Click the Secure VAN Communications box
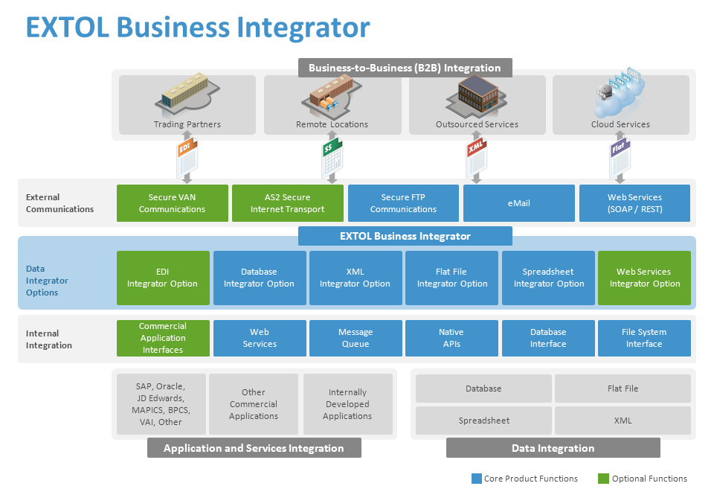click(172, 203)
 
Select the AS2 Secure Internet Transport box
click(287, 203)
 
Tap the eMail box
click(518, 203)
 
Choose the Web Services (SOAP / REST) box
click(634, 203)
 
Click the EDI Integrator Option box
click(163, 278)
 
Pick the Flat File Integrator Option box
click(451, 278)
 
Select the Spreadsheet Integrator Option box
click(548, 278)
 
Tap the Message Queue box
click(356, 338)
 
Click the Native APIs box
click(451, 338)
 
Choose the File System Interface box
click(644, 338)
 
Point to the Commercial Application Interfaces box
click(163, 338)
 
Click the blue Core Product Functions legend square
click(476, 479)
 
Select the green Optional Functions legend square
click(603, 479)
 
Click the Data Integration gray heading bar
click(553, 448)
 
